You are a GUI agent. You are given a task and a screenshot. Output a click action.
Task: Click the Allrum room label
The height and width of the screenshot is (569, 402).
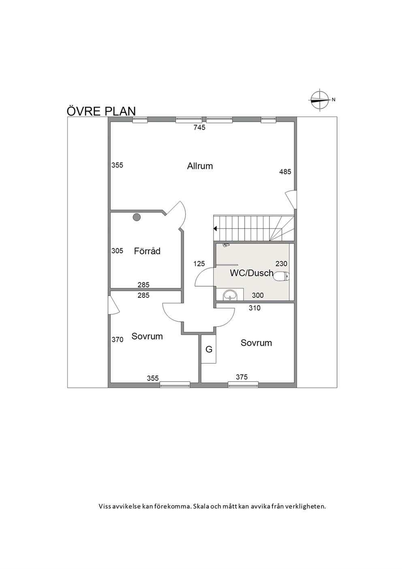(x=200, y=166)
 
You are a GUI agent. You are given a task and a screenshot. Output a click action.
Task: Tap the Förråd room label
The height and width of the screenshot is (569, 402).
(x=147, y=251)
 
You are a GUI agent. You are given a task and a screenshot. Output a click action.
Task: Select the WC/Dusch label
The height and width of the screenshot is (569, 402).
(x=252, y=273)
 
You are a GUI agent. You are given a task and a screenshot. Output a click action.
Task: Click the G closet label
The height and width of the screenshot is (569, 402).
(x=209, y=350)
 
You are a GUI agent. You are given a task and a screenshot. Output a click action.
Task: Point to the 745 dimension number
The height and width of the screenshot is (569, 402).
(x=199, y=127)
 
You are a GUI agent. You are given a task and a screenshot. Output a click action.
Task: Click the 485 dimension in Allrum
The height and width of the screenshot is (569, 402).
(x=285, y=172)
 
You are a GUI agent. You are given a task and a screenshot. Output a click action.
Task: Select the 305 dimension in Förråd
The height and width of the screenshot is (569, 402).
(x=117, y=251)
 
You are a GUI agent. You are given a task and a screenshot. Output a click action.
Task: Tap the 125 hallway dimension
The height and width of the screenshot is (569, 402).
(x=199, y=264)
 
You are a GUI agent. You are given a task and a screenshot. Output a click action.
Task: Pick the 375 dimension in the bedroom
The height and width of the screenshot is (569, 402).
(x=242, y=377)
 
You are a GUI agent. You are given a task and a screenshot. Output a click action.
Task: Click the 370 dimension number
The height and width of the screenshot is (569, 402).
(x=117, y=339)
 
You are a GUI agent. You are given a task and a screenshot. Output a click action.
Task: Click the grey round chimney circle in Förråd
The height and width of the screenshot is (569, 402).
(x=137, y=217)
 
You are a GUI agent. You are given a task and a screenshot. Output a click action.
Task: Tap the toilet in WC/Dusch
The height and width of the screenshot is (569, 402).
(x=282, y=276)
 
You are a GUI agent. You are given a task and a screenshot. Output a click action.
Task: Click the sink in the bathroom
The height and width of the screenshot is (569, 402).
(x=230, y=296)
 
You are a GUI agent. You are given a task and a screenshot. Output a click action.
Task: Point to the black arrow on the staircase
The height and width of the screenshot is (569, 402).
(x=215, y=229)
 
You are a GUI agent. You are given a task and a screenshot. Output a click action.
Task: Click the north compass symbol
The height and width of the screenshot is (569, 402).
(x=320, y=100)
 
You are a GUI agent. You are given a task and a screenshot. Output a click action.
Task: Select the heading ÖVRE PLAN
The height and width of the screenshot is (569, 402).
(x=101, y=111)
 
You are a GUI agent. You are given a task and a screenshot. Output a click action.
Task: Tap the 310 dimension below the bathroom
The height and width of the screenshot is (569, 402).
(x=254, y=308)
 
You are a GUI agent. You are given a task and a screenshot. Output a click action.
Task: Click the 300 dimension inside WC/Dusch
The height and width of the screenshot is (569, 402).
(x=258, y=295)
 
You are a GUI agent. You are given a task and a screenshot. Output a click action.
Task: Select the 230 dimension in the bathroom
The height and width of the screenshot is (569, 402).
(x=281, y=264)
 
